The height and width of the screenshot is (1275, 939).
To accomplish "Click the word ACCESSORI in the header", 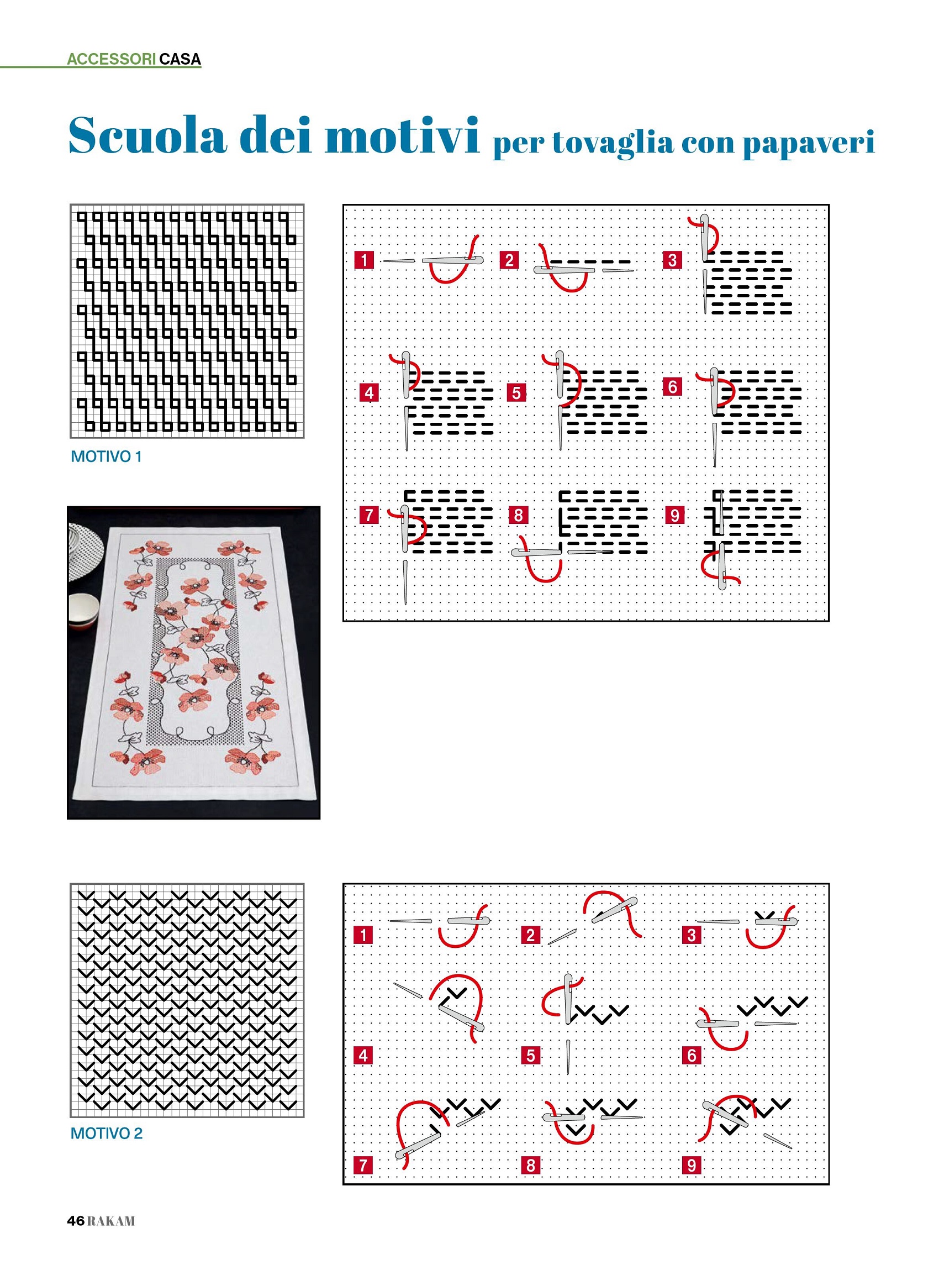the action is coord(112,59).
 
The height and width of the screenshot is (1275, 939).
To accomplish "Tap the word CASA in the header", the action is coord(180,59).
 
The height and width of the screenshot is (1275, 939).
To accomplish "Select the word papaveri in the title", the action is coord(808,143).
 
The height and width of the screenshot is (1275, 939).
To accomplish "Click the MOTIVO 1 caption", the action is coord(106,457).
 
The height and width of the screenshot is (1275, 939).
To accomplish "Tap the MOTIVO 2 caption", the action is coord(106,1134).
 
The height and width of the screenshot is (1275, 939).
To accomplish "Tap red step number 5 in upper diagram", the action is coord(516,392).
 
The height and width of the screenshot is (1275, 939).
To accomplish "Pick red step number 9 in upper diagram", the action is coord(674,515).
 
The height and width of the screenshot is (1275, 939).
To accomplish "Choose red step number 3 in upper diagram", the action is coord(672,260).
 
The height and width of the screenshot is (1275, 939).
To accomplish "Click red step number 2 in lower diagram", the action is coord(530,935).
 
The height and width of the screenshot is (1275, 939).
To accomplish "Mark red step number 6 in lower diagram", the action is coord(691,1056).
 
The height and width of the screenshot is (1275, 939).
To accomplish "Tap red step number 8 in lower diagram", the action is coord(530,1165).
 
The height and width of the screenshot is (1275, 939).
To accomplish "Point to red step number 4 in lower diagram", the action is coord(363,1056).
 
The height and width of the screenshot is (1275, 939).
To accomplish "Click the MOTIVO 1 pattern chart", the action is coord(187,321).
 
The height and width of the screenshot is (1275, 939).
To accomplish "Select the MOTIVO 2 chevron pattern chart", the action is coord(187,1000).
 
